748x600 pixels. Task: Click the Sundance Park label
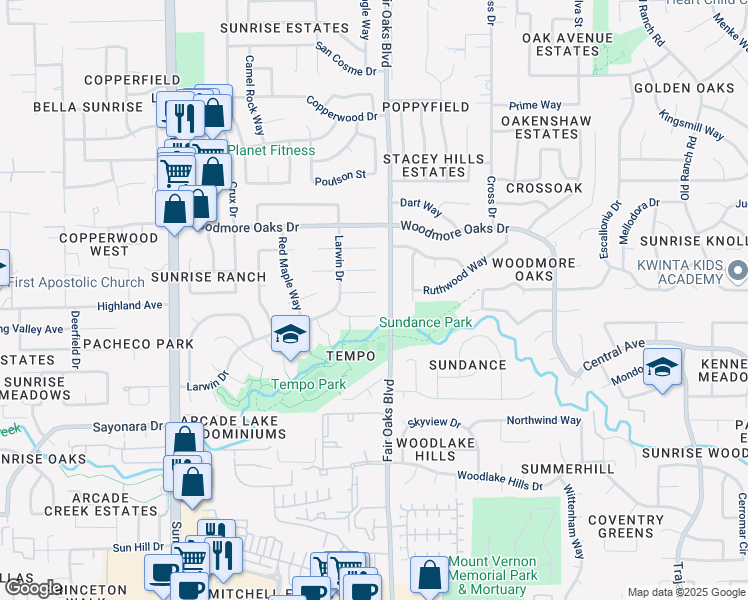pos(425,323)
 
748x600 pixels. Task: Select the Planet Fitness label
pos(271,151)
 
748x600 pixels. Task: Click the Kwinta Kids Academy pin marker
pos(738,270)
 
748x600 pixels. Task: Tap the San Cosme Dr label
pos(345,59)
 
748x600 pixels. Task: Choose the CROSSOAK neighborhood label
pos(544,188)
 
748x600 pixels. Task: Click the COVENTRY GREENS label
pos(626,526)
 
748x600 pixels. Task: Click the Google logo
pos(32,588)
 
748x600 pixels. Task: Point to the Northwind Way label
pos(543,421)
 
